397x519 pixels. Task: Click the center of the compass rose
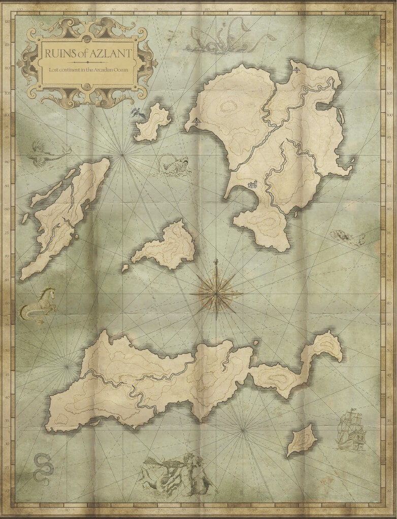pyautogui.click(x=216, y=292)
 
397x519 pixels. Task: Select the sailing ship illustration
pyautogui.click(x=351, y=431)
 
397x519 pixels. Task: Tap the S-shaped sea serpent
pyautogui.click(x=41, y=469)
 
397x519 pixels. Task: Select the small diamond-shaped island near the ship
pyautogui.click(x=302, y=440)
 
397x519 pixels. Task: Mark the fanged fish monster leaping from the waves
pyautogui.click(x=174, y=165)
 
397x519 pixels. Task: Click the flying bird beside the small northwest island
pyautogui.click(x=136, y=113)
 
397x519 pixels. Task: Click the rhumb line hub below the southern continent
pyautogui.click(x=243, y=430)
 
